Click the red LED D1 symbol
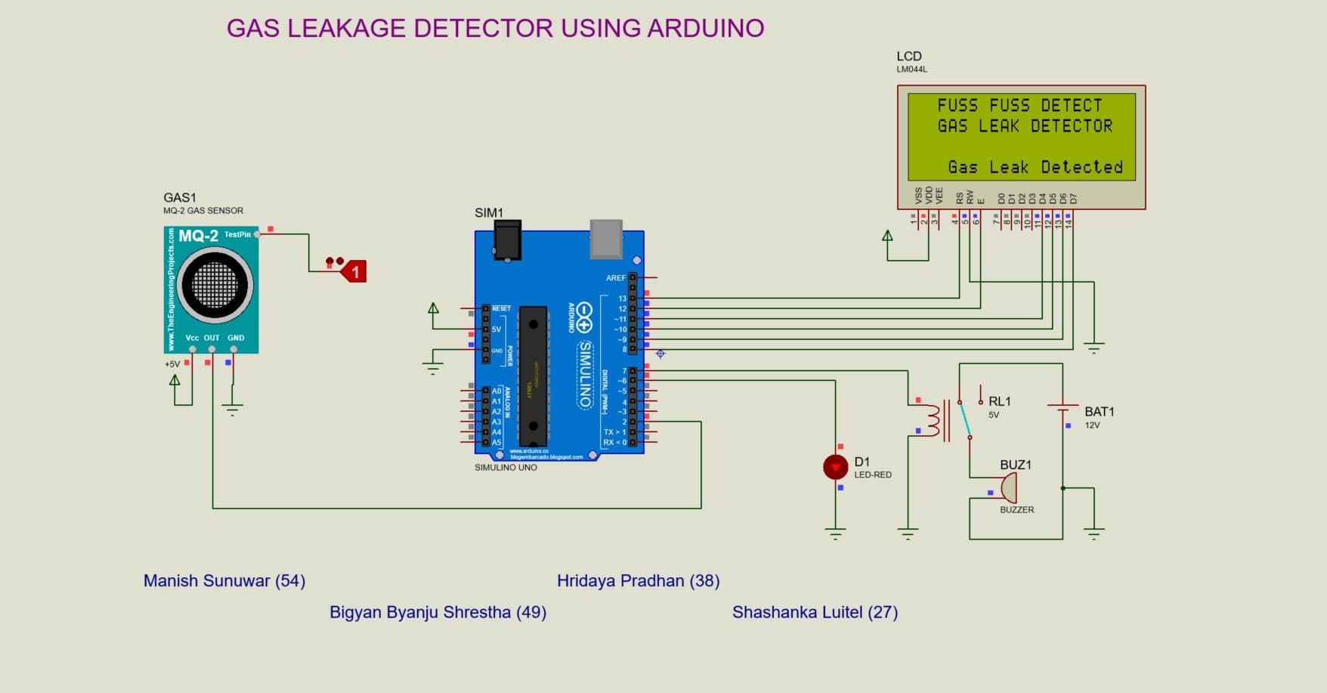pyautogui.click(x=835, y=467)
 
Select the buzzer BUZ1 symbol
pyautogui.click(x=1009, y=488)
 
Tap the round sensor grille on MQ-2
pyautogui.click(x=215, y=286)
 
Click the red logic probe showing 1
pyautogui.click(x=354, y=271)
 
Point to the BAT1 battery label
pyautogui.click(x=1099, y=412)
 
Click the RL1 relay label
pyautogui.click(x=999, y=401)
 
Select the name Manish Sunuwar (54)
pyautogui.click(x=224, y=580)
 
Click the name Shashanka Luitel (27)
pyautogui.click(x=815, y=612)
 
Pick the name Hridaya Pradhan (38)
pyautogui.click(x=638, y=580)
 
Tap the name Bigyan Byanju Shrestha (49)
pyautogui.click(x=438, y=612)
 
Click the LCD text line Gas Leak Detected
pyautogui.click(x=1035, y=167)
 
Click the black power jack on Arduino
pyautogui.click(x=507, y=240)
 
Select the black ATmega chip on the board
pyautogui.click(x=533, y=376)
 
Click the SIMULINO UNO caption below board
pyautogui.click(x=506, y=467)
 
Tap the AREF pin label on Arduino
pyautogui.click(x=616, y=278)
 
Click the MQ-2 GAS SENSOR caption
pyautogui.click(x=203, y=211)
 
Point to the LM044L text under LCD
pyautogui.click(x=911, y=70)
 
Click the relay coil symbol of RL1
pyautogui.click(x=933, y=419)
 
